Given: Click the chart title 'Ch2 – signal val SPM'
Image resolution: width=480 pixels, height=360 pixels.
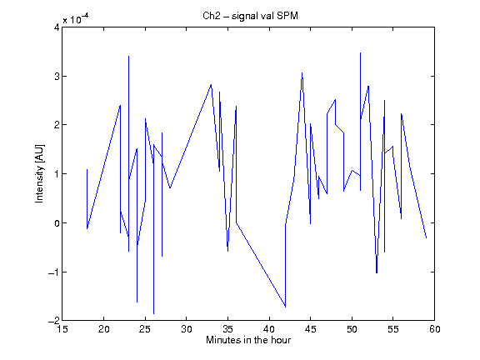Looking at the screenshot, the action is click(250, 16).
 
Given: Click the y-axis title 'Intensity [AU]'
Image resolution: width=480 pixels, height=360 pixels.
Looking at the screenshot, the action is click(39, 173).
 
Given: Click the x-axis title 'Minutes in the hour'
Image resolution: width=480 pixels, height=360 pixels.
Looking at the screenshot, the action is click(248, 340).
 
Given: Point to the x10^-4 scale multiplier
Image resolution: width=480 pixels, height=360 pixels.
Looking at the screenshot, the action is click(76, 19).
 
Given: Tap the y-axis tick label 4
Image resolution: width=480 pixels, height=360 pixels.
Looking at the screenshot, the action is click(57, 27).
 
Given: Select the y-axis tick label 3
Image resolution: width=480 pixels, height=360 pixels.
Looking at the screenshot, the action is click(57, 76).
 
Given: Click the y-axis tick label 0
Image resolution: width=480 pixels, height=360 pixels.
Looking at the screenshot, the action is click(57, 223).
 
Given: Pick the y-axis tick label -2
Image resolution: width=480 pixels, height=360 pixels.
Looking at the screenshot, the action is click(53, 321).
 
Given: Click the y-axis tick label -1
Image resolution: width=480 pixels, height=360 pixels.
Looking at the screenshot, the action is click(53, 272).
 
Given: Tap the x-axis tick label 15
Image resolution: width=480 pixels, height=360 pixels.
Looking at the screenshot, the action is click(62, 329).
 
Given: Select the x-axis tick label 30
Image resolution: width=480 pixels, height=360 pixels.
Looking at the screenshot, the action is click(187, 329).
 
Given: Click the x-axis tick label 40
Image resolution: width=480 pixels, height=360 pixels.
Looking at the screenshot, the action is click(269, 329).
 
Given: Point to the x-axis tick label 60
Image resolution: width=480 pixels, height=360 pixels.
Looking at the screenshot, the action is click(435, 329).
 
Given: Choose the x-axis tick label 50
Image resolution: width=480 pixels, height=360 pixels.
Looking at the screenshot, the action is click(352, 329).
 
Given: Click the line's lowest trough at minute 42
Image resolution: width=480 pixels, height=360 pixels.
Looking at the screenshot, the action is click(285, 307).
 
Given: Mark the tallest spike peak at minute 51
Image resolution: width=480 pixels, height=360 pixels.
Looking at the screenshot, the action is click(360, 53).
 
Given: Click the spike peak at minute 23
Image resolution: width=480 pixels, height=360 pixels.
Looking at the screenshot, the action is click(128, 57).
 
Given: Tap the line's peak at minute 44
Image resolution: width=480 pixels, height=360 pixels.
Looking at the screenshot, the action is click(302, 72).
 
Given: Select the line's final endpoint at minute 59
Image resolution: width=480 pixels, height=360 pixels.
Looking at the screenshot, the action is click(426, 237).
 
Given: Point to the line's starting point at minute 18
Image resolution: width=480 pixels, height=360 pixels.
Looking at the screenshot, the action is click(87, 169).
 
